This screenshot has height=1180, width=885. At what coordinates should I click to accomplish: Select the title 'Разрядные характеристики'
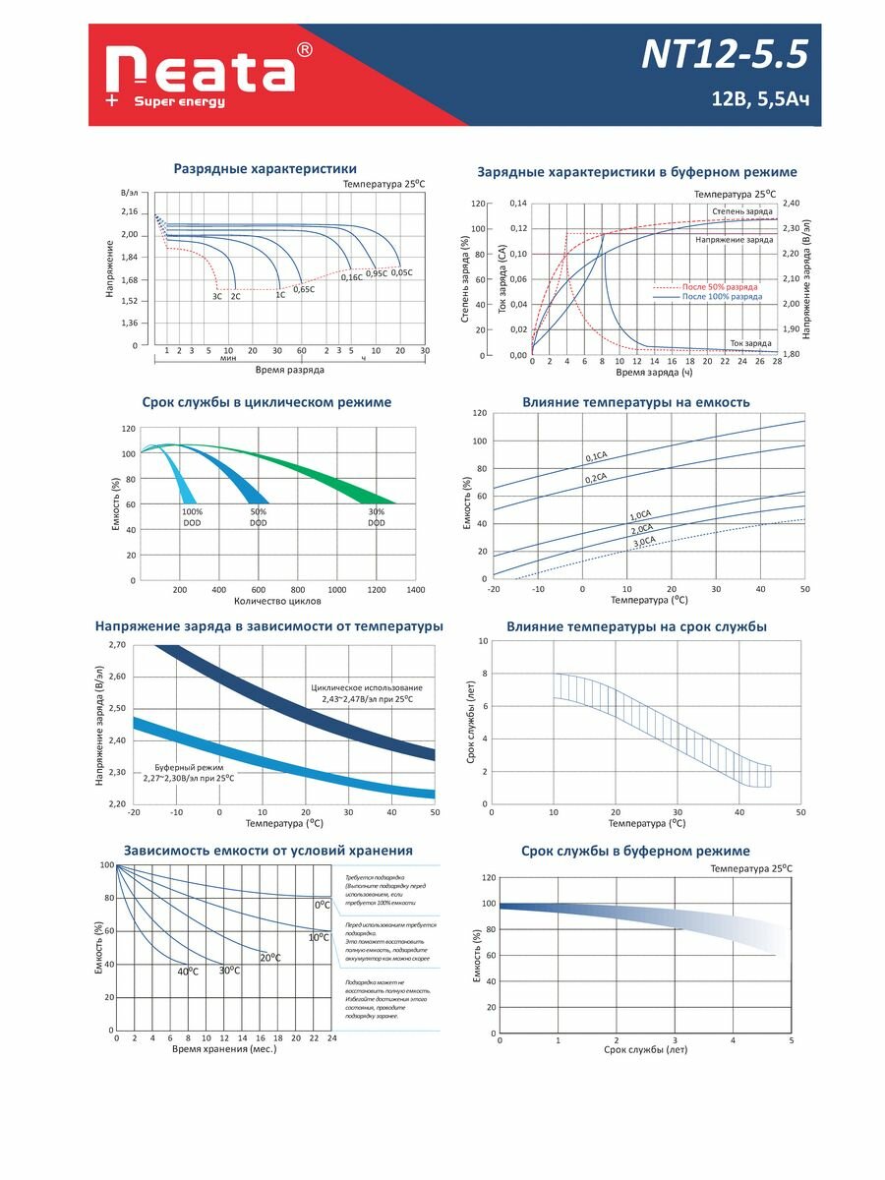265,169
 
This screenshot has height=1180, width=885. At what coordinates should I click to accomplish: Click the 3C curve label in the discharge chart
216,295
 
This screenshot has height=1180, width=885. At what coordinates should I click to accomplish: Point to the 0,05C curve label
401,272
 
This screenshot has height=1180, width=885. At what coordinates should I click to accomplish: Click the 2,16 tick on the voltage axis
129,212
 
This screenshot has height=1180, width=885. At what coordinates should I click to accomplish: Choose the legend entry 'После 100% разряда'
716,296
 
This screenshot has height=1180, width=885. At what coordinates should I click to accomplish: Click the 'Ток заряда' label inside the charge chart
751,342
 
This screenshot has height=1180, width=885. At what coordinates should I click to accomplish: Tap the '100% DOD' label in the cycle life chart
192,517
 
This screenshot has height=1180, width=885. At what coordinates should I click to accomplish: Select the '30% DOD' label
377,517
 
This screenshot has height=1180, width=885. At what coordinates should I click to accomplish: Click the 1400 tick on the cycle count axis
415,590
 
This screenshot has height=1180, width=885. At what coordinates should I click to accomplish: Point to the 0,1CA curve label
597,457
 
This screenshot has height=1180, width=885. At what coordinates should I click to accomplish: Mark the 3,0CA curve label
643,541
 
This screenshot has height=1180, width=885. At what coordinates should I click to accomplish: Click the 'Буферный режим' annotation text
190,766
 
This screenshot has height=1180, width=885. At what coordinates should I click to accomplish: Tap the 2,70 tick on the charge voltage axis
117,645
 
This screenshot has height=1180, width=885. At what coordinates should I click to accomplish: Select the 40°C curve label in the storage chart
188,972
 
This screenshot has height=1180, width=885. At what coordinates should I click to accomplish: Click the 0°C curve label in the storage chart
322,904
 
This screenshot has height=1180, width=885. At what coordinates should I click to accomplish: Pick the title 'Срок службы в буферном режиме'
635,851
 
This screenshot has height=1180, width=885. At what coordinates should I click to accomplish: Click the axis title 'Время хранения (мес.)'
224,1049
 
